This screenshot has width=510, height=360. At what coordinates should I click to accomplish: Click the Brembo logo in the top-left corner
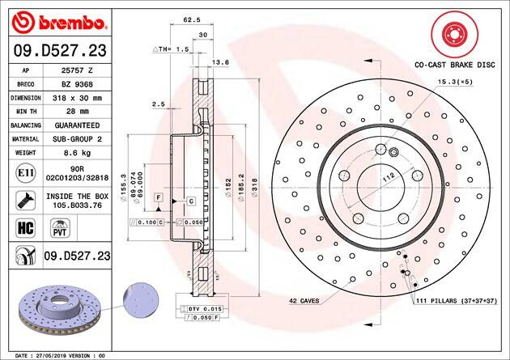click(58, 23)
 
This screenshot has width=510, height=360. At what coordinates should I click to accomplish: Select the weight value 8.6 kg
click(78, 153)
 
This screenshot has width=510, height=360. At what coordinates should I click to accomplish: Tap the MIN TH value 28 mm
click(78, 112)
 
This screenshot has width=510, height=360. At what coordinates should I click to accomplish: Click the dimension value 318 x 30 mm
click(78, 98)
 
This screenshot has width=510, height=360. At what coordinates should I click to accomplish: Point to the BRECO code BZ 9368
click(78, 84)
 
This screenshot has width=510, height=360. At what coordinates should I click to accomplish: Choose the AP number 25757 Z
click(78, 70)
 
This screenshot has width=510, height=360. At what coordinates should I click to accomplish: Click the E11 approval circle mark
click(26, 173)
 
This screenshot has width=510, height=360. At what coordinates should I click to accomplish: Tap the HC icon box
click(26, 227)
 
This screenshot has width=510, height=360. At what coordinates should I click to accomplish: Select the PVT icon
click(60, 228)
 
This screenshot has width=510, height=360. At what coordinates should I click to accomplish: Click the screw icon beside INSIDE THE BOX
click(26, 201)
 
